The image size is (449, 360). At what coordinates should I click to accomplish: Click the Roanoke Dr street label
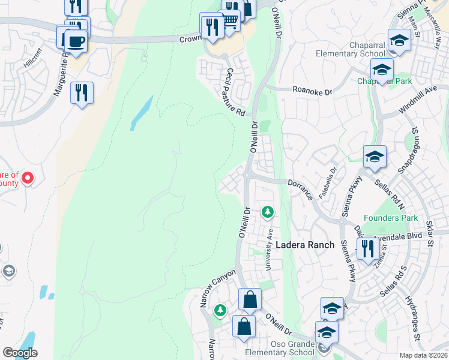click(x=312, y=92)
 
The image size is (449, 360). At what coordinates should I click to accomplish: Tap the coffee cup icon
click(x=76, y=42)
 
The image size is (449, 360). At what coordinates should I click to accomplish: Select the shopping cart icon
click(x=230, y=22)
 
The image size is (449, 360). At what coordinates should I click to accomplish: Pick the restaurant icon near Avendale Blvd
click(x=366, y=248)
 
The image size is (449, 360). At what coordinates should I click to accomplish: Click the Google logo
click(x=20, y=353)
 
